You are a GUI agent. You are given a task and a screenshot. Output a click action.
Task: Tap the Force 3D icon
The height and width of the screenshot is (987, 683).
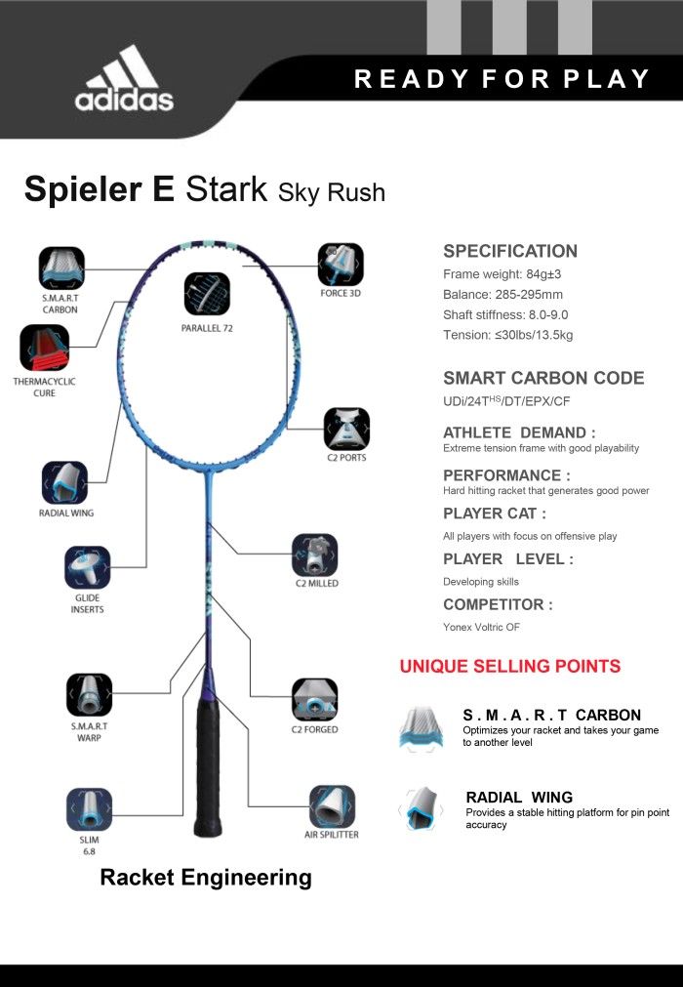point(341,265)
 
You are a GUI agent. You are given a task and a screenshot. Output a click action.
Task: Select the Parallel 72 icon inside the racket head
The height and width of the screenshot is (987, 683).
point(207,294)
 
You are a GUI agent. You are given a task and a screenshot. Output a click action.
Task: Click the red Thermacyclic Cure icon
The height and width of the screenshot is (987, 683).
point(44,348)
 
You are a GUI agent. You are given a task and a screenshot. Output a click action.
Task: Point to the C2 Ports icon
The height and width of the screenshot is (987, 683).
point(346,429)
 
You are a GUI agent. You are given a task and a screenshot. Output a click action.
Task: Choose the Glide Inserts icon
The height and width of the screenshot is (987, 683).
point(88,568)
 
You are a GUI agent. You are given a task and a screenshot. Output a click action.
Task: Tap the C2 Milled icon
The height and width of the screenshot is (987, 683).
point(315,555)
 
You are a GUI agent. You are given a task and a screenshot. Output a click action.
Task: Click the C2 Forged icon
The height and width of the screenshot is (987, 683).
point(314,700)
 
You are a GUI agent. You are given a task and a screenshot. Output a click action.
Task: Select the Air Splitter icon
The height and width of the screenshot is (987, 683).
point(332,806)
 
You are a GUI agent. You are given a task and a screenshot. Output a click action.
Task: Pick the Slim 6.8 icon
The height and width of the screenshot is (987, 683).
point(90,809)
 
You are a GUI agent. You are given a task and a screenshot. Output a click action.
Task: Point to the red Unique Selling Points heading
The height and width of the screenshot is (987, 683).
point(510,666)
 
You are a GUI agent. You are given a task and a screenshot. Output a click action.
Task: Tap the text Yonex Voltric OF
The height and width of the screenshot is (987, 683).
point(481,627)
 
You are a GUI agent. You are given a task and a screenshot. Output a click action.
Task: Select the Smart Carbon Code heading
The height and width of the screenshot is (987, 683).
point(543,378)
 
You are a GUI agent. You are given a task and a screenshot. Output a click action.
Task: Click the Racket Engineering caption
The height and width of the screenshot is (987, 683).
point(206,878)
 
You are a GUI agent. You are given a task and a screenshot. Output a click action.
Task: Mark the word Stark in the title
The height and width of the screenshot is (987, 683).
point(226,188)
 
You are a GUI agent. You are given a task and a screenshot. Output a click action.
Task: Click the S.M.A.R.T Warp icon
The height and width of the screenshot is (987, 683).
point(90,695)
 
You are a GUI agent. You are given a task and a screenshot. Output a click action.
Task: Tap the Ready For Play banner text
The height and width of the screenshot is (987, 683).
point(502,79)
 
